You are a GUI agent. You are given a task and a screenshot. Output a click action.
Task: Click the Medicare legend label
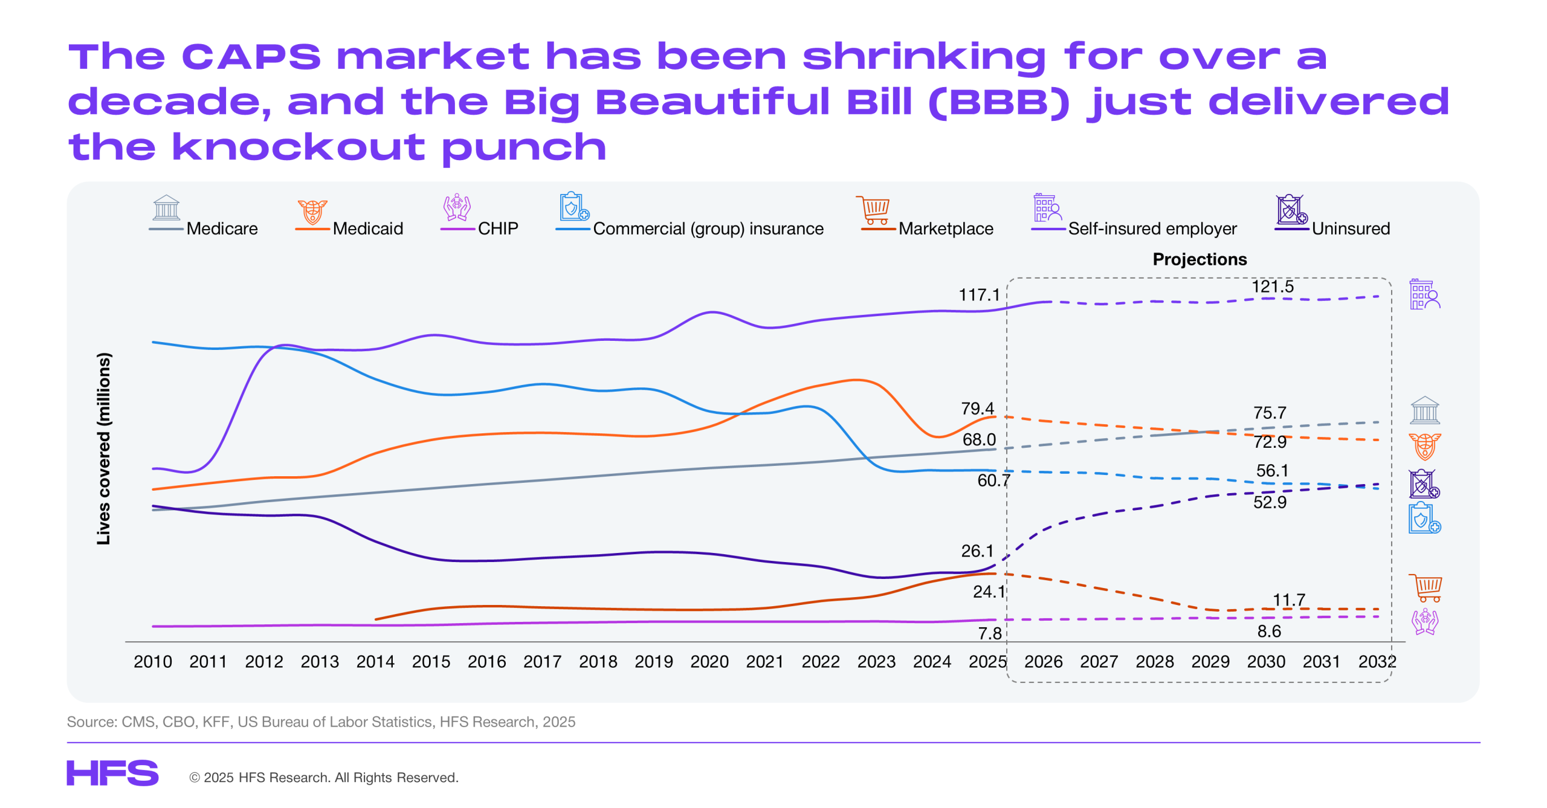[222, 228]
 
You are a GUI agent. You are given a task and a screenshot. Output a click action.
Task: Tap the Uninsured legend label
[1351, 228]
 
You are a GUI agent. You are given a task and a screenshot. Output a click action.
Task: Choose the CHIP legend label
[498, 228]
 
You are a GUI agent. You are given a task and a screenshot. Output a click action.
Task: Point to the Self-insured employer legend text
[1152, 228]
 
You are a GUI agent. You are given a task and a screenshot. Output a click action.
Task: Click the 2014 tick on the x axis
[375, 662]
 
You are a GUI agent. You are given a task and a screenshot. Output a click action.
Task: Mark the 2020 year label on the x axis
[709, 662]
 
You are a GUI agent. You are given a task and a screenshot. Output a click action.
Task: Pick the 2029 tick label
[1210, 662]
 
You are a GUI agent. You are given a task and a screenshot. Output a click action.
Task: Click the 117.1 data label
[979, 295]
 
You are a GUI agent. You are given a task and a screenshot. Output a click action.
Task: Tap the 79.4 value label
[978, 409]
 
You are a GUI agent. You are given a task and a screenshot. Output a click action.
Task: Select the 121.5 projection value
[1273, 286]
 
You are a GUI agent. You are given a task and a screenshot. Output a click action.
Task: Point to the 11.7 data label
[1289, 600]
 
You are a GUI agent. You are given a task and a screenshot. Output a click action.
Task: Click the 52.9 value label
[1270, 502]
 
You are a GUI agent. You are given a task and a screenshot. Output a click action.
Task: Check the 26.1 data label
[977, 551]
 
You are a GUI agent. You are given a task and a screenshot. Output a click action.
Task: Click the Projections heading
[1200, 259]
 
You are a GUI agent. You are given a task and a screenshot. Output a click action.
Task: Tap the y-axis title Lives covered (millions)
[104, 448]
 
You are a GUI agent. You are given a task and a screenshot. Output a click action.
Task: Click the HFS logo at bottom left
[112, 773]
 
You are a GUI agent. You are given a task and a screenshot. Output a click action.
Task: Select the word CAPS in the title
[251, 57]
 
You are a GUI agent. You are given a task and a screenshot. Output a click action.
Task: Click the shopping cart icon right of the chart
[1425, 588]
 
